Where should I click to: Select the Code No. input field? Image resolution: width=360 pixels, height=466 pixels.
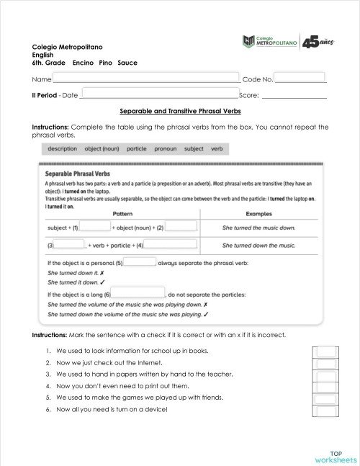click(300, 78)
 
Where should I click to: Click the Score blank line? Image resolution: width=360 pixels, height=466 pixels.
click(294, 95)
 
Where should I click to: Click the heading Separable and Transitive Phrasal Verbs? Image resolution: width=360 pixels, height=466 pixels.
click(180, 112)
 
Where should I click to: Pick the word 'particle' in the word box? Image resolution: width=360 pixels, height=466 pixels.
click(136, 149)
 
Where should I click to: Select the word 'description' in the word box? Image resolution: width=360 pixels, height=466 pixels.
click(63, 149)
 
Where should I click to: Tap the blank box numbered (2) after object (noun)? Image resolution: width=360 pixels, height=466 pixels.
click(181, 227)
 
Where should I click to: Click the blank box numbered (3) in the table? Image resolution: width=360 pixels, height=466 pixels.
click(69, 245)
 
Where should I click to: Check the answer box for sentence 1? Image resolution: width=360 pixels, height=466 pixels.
click(326, 351)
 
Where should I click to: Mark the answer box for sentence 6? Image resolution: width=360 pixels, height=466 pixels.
click(326, 411)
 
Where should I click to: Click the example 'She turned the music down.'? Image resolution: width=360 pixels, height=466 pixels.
click(258, 228)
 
